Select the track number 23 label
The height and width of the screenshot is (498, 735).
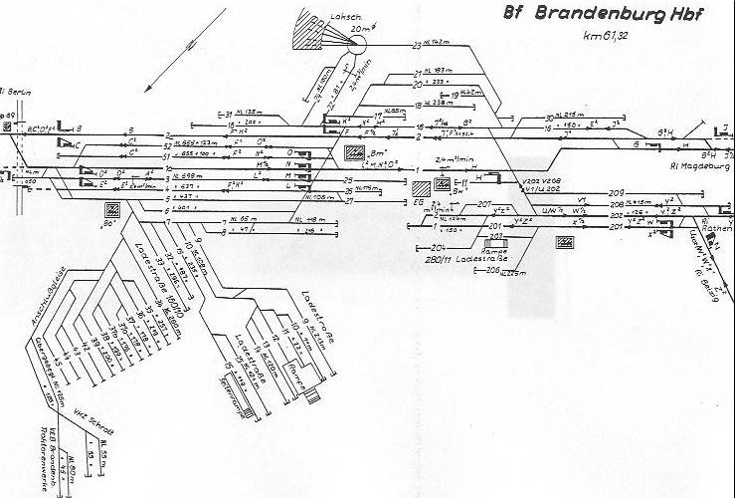tap(418, 46)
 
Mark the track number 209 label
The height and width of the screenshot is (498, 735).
tap(617, 191)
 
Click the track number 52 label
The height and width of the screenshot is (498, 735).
tap(167, 145)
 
